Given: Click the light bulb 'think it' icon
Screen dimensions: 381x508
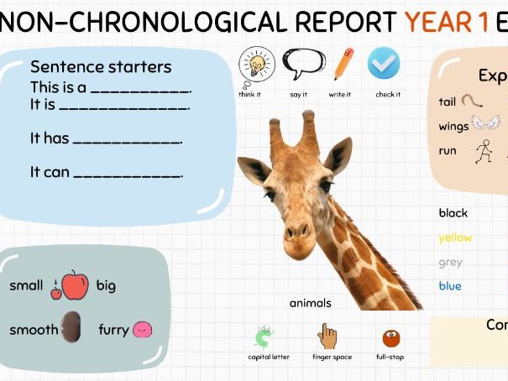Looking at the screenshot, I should [x=256, y=63].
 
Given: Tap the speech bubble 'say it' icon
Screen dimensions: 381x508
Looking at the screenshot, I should [x=302, y=63].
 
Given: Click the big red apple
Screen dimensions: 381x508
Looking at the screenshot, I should [x=75, y=284].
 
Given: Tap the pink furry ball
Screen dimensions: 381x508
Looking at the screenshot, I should [x=143, y=330].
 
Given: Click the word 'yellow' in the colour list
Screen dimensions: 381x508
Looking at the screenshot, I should [x=455, y=237].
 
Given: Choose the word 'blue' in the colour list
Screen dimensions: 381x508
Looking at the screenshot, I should [x=450, y=286].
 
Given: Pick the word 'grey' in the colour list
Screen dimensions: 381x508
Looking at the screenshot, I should [x=450, y=262].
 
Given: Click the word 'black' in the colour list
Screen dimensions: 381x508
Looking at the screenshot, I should [x=453, y=213].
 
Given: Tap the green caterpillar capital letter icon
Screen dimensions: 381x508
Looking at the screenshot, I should [x=264, y=337].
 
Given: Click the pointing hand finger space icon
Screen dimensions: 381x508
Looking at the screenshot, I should [x=327, y=337].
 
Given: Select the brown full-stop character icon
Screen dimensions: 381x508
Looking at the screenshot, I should [x=390, y=338].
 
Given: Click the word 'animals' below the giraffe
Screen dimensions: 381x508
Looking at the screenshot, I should [x=310, y=303].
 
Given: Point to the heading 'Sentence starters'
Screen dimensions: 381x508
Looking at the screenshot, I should [x=101, y=67].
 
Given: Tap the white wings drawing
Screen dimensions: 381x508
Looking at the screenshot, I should [x=485, y=123].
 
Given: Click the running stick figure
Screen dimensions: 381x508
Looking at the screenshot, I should [x=483, y=150].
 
